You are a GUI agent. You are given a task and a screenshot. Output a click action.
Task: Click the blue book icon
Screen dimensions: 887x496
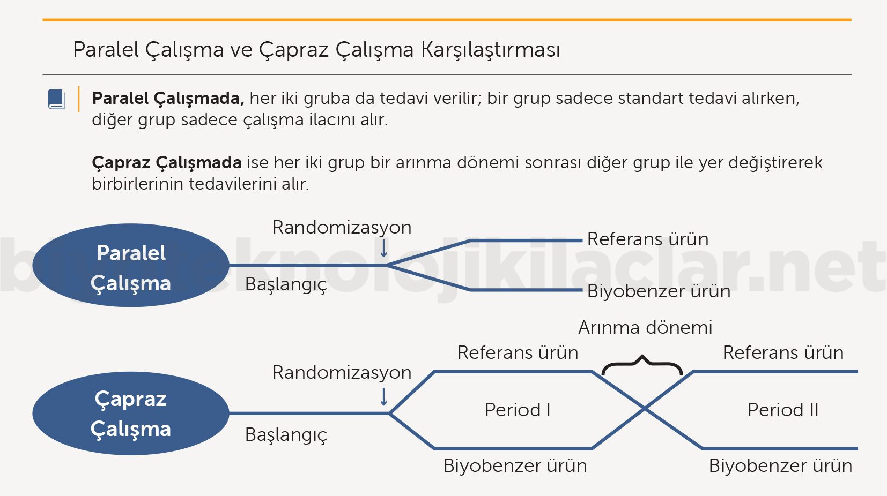click(x=56, y=99)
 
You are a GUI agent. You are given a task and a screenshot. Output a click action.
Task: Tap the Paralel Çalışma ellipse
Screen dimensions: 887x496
click(x=131, y=265)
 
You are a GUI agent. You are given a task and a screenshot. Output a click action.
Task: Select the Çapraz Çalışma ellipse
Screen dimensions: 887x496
click(x=131, y=414)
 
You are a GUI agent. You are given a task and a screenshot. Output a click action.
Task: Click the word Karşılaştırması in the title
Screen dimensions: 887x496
click(x=490, y=50)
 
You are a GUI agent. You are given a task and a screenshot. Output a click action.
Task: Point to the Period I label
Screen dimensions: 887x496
click(x=518, y=410)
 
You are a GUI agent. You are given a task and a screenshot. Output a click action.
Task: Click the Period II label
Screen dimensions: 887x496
click(x=783, y=410)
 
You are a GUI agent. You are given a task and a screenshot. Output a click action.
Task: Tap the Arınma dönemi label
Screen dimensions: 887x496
click(x=645, y=327)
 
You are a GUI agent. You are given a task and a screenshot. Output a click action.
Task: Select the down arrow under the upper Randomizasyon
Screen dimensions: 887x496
click(x=383, y=249)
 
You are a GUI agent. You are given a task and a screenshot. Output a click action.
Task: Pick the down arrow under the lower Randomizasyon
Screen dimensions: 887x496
click(x=383, y=396)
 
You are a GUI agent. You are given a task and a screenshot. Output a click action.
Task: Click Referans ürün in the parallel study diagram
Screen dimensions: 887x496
click(x=648, y=239)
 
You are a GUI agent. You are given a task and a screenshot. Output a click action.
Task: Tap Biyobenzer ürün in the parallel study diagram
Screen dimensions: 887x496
click(x=659, y=291)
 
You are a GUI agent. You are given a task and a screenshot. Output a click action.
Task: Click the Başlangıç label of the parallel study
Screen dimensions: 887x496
click(x=286, y=284)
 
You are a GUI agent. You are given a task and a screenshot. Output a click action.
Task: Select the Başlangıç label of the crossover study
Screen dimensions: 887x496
click(x=286, y=435)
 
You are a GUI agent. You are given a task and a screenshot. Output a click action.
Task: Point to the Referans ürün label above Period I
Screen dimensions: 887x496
click(x=518, y=352)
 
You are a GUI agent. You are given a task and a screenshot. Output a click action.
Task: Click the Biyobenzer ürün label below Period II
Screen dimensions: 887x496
click(x=780, y=465)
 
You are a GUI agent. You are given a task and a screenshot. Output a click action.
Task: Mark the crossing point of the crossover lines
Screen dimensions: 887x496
click(x=645, y=409)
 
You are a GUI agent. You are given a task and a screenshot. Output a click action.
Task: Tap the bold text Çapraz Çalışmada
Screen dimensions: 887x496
click(x=167, y=163)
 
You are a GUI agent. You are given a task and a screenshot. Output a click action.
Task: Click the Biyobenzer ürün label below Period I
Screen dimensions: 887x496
click(x=515, y=465)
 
